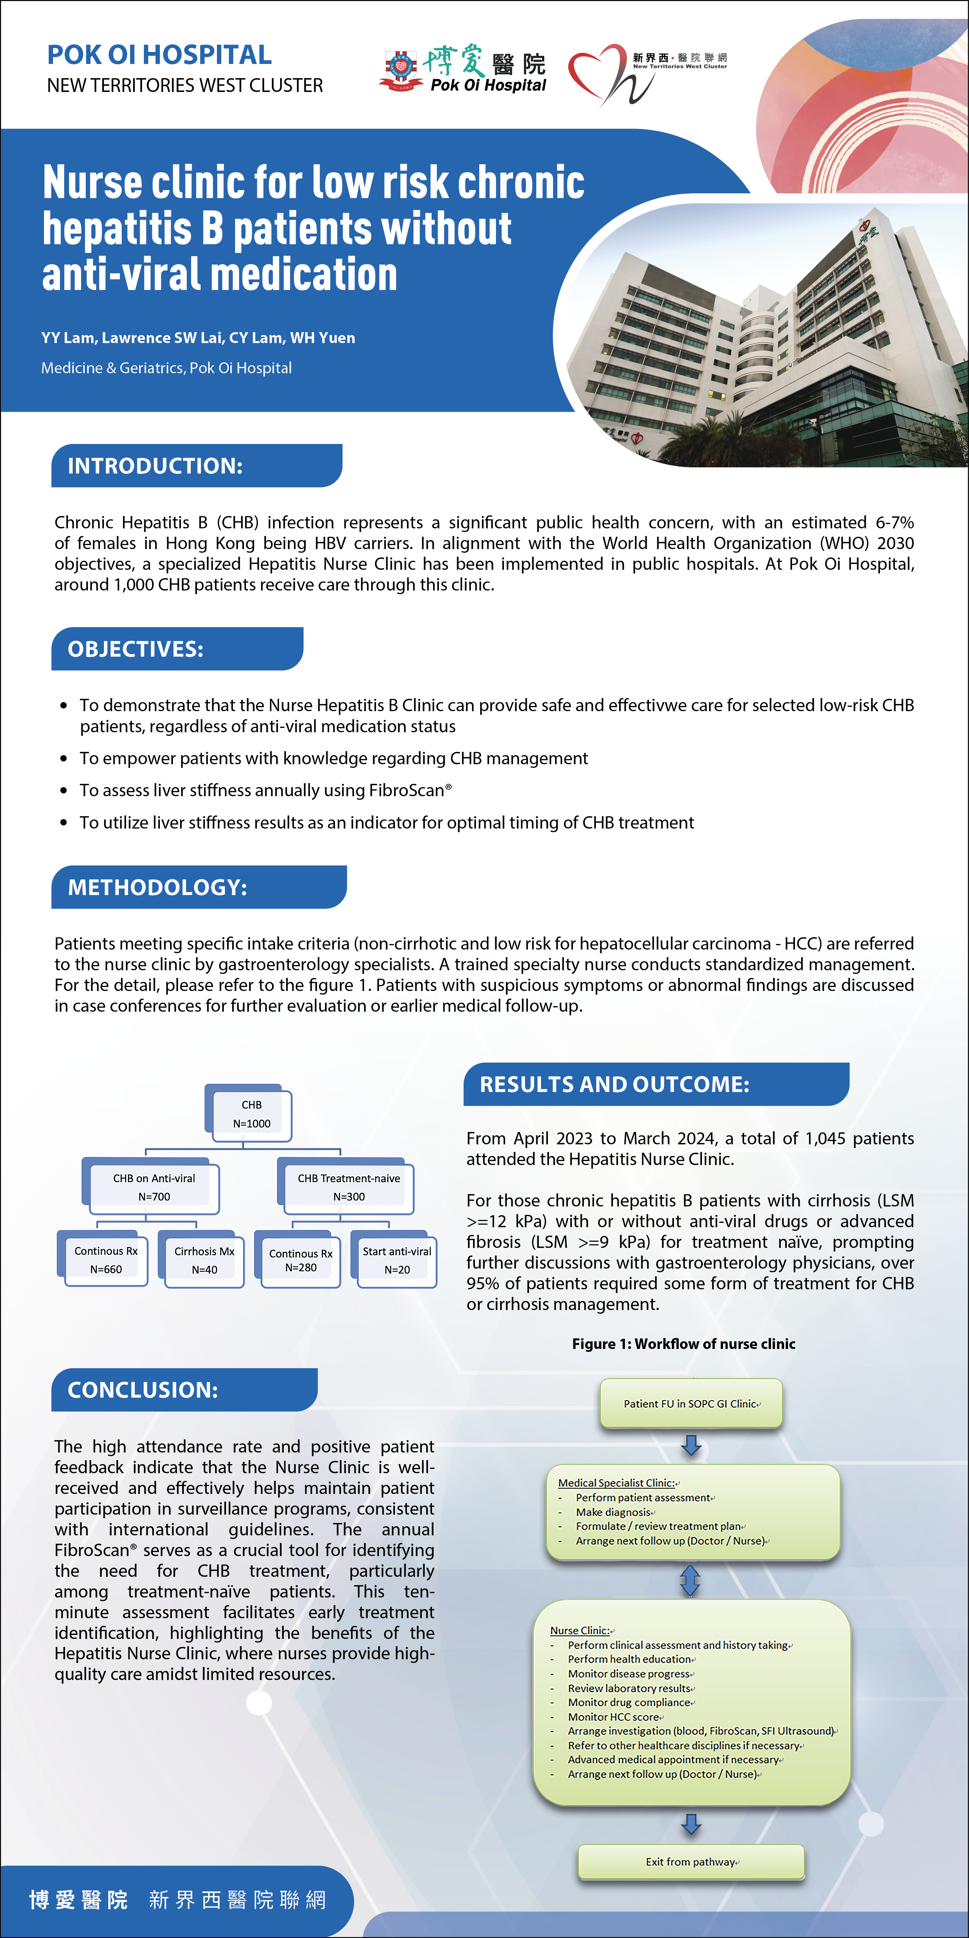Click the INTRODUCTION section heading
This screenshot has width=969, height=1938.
point(155,466)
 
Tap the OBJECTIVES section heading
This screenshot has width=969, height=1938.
point(136,649)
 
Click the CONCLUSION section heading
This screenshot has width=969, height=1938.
point(143,1390)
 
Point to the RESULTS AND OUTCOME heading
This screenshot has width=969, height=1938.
point(615,1084)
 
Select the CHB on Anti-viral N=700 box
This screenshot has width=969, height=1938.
point(154,1187)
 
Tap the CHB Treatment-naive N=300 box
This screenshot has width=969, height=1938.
point(349,1187)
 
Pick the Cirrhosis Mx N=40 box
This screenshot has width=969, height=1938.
point(205,1260)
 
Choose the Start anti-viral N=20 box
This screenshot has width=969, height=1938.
point(397,1260)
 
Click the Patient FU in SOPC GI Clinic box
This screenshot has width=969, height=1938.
point(691,1403)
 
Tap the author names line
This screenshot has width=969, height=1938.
point(198,338)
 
